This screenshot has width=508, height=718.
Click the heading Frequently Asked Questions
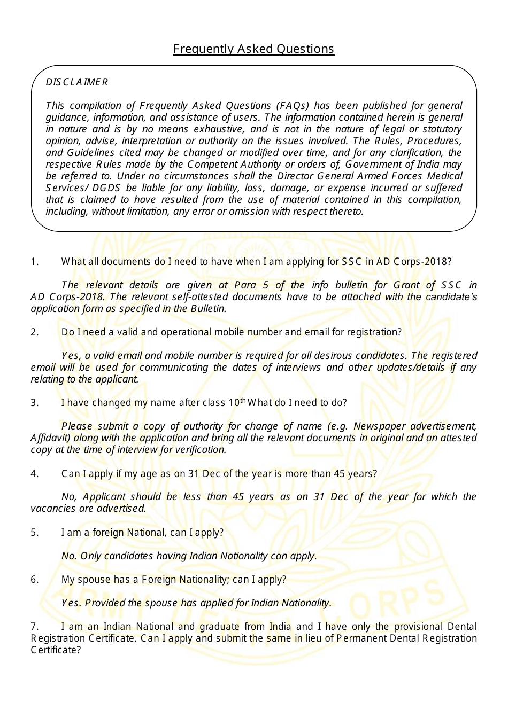click(x=253, y=49)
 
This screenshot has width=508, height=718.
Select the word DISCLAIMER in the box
click(x=76, y=82)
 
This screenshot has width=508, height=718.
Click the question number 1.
click(x=35, y=262)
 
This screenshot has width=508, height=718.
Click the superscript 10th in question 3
click(x=237, y=402)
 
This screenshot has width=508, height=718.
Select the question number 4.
click(x=35, y=474)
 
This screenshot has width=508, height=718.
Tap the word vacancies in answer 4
click(x=53, y=509)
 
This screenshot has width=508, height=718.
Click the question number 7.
click(x=35, y=627)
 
